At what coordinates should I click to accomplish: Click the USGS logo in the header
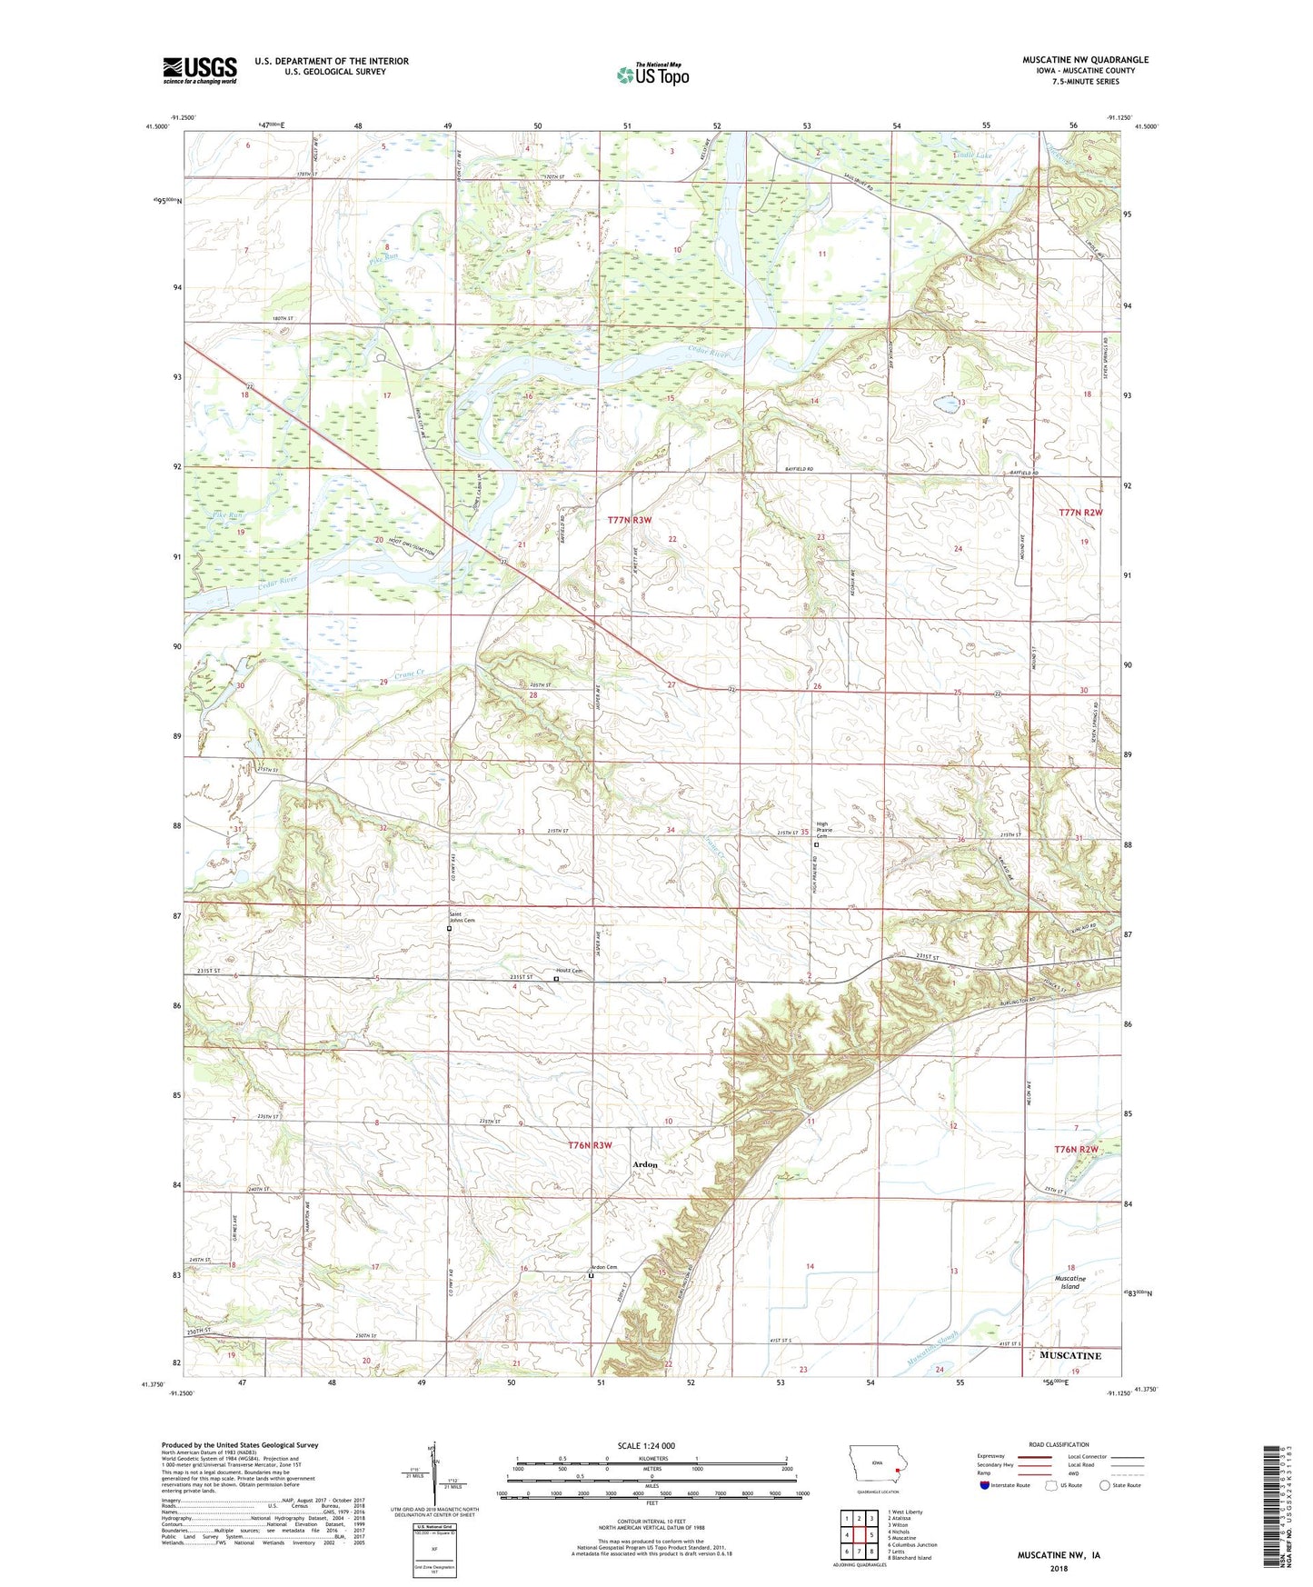[200, 70]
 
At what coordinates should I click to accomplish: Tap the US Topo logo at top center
[652, 75]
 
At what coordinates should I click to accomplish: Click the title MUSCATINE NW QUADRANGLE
[1085, 60]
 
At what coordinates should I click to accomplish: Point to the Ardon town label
[645, 1164]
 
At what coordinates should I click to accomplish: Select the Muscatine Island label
[1070, 1283]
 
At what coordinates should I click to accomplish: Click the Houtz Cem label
[569, 971]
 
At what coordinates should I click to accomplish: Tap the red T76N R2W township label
[1078, 1150]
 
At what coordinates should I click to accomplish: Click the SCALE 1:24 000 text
[646, 1445]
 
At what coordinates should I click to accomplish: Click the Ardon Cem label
[603, 1267]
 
